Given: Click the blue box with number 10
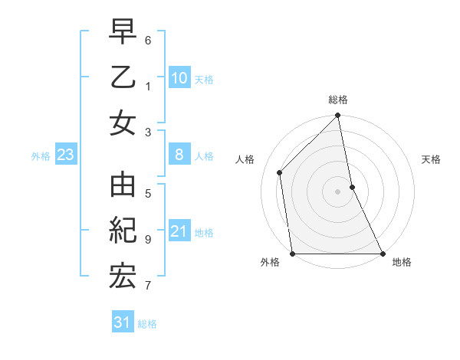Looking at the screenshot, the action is point(179,77).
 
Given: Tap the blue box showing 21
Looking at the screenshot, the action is point(179,231).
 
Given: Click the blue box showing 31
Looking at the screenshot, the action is point(123,322).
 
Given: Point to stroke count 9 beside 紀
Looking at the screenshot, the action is point(148,240).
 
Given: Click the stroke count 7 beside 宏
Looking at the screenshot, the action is point(148,286).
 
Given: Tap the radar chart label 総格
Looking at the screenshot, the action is point(338,100).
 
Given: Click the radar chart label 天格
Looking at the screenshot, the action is point(432,159).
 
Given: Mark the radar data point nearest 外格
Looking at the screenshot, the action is point(292,254).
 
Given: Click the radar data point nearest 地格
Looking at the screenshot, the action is point(383,254).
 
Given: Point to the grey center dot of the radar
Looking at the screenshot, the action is point(338,191).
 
